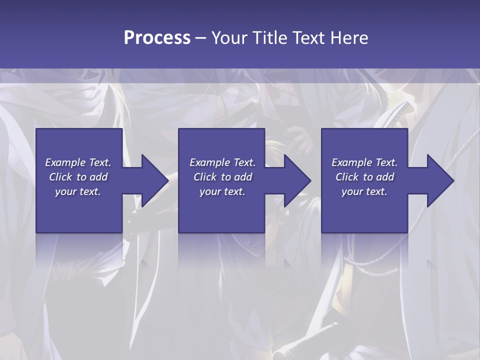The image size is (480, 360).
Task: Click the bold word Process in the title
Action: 157,38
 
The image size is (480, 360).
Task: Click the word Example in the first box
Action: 65,162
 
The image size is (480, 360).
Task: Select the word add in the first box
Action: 98,177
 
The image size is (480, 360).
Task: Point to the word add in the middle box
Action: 243,177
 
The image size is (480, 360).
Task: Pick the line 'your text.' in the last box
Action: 364,192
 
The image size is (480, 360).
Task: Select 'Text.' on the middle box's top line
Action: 244,162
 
